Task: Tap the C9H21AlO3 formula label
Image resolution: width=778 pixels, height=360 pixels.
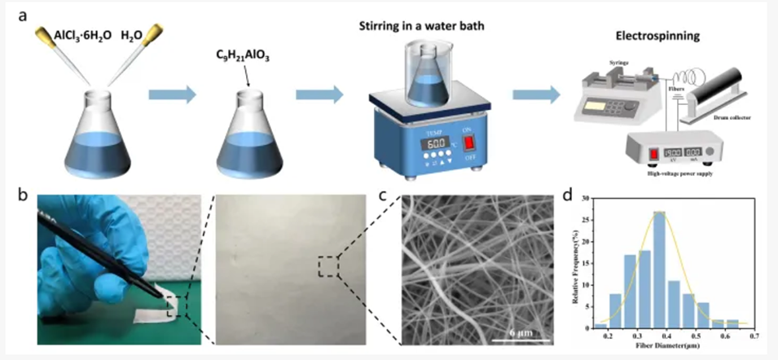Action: pyautogui.click(x=243, y=60)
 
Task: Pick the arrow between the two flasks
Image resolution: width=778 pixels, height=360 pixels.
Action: pyautogui.click(x=173, y=96)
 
